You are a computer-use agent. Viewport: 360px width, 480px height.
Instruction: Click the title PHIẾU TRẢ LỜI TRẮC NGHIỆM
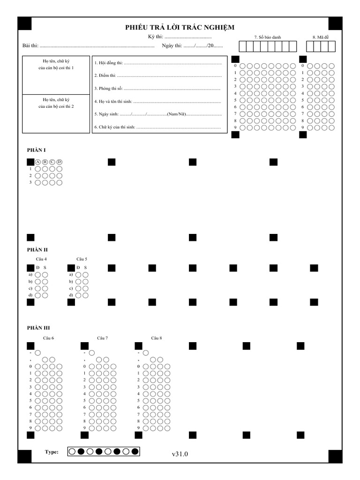click(x=180, y=28)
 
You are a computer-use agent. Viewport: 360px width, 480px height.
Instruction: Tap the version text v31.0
click(x=180, y=454)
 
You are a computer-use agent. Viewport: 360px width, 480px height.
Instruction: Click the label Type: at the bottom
click(x=52, y=452)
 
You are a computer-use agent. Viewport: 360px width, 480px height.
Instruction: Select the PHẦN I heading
click(x=36, y=150)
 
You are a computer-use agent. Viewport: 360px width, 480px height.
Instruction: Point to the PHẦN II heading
click(x=37, y=250)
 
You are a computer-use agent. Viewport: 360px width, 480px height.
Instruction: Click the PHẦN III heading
click(x=38, y=328)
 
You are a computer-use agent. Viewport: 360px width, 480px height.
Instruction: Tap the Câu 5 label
click(x=82, y=259)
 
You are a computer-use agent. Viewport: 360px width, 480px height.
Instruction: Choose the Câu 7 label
click(x=103, y=337)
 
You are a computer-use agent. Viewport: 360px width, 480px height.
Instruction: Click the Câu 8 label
click(x=157, y=337)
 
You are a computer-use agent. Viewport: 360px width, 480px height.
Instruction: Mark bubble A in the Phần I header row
click(x=38, y=162)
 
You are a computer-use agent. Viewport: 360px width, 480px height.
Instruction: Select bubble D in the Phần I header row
click(x=60, y=162)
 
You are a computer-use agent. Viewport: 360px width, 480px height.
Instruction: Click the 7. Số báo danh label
click(x=267, y=37)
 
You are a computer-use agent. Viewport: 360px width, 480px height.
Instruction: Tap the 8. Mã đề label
click(x=321, y=37)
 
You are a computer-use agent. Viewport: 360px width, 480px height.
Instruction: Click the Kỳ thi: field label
click(x=155, y=37)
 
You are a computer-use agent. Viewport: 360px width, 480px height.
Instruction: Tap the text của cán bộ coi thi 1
click(x=56, y=68)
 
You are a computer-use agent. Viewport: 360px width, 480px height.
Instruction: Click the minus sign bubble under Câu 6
click(x=37, y=352)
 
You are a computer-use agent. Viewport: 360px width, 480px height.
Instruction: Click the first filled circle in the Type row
click(x=81, y=451)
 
